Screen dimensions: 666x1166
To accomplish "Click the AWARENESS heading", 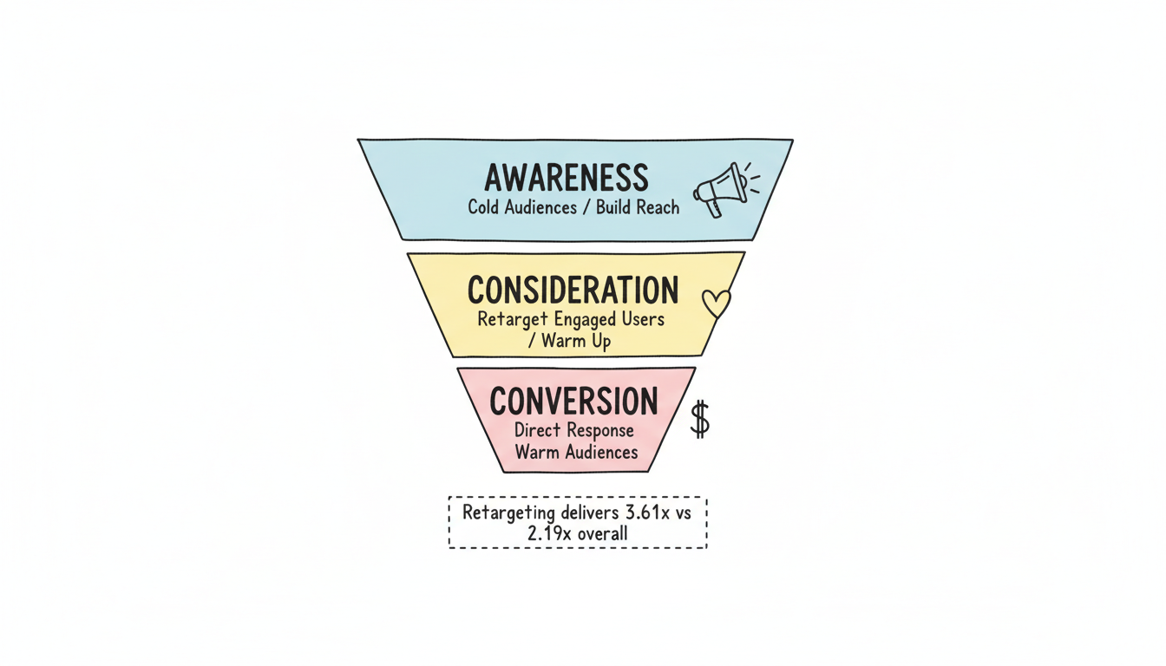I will point(566,177).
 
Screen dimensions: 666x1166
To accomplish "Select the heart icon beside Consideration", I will point(716,303).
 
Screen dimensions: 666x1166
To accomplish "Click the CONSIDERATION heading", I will point(573,289).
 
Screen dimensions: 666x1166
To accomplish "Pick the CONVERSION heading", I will point(573,401).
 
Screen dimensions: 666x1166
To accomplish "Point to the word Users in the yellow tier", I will point(643,318).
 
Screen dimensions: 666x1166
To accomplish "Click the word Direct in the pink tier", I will point(538,430).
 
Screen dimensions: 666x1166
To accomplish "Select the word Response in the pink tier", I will point(601,430).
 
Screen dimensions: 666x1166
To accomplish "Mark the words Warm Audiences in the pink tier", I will point(575,452).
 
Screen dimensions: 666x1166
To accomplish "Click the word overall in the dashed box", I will point(602,532).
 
